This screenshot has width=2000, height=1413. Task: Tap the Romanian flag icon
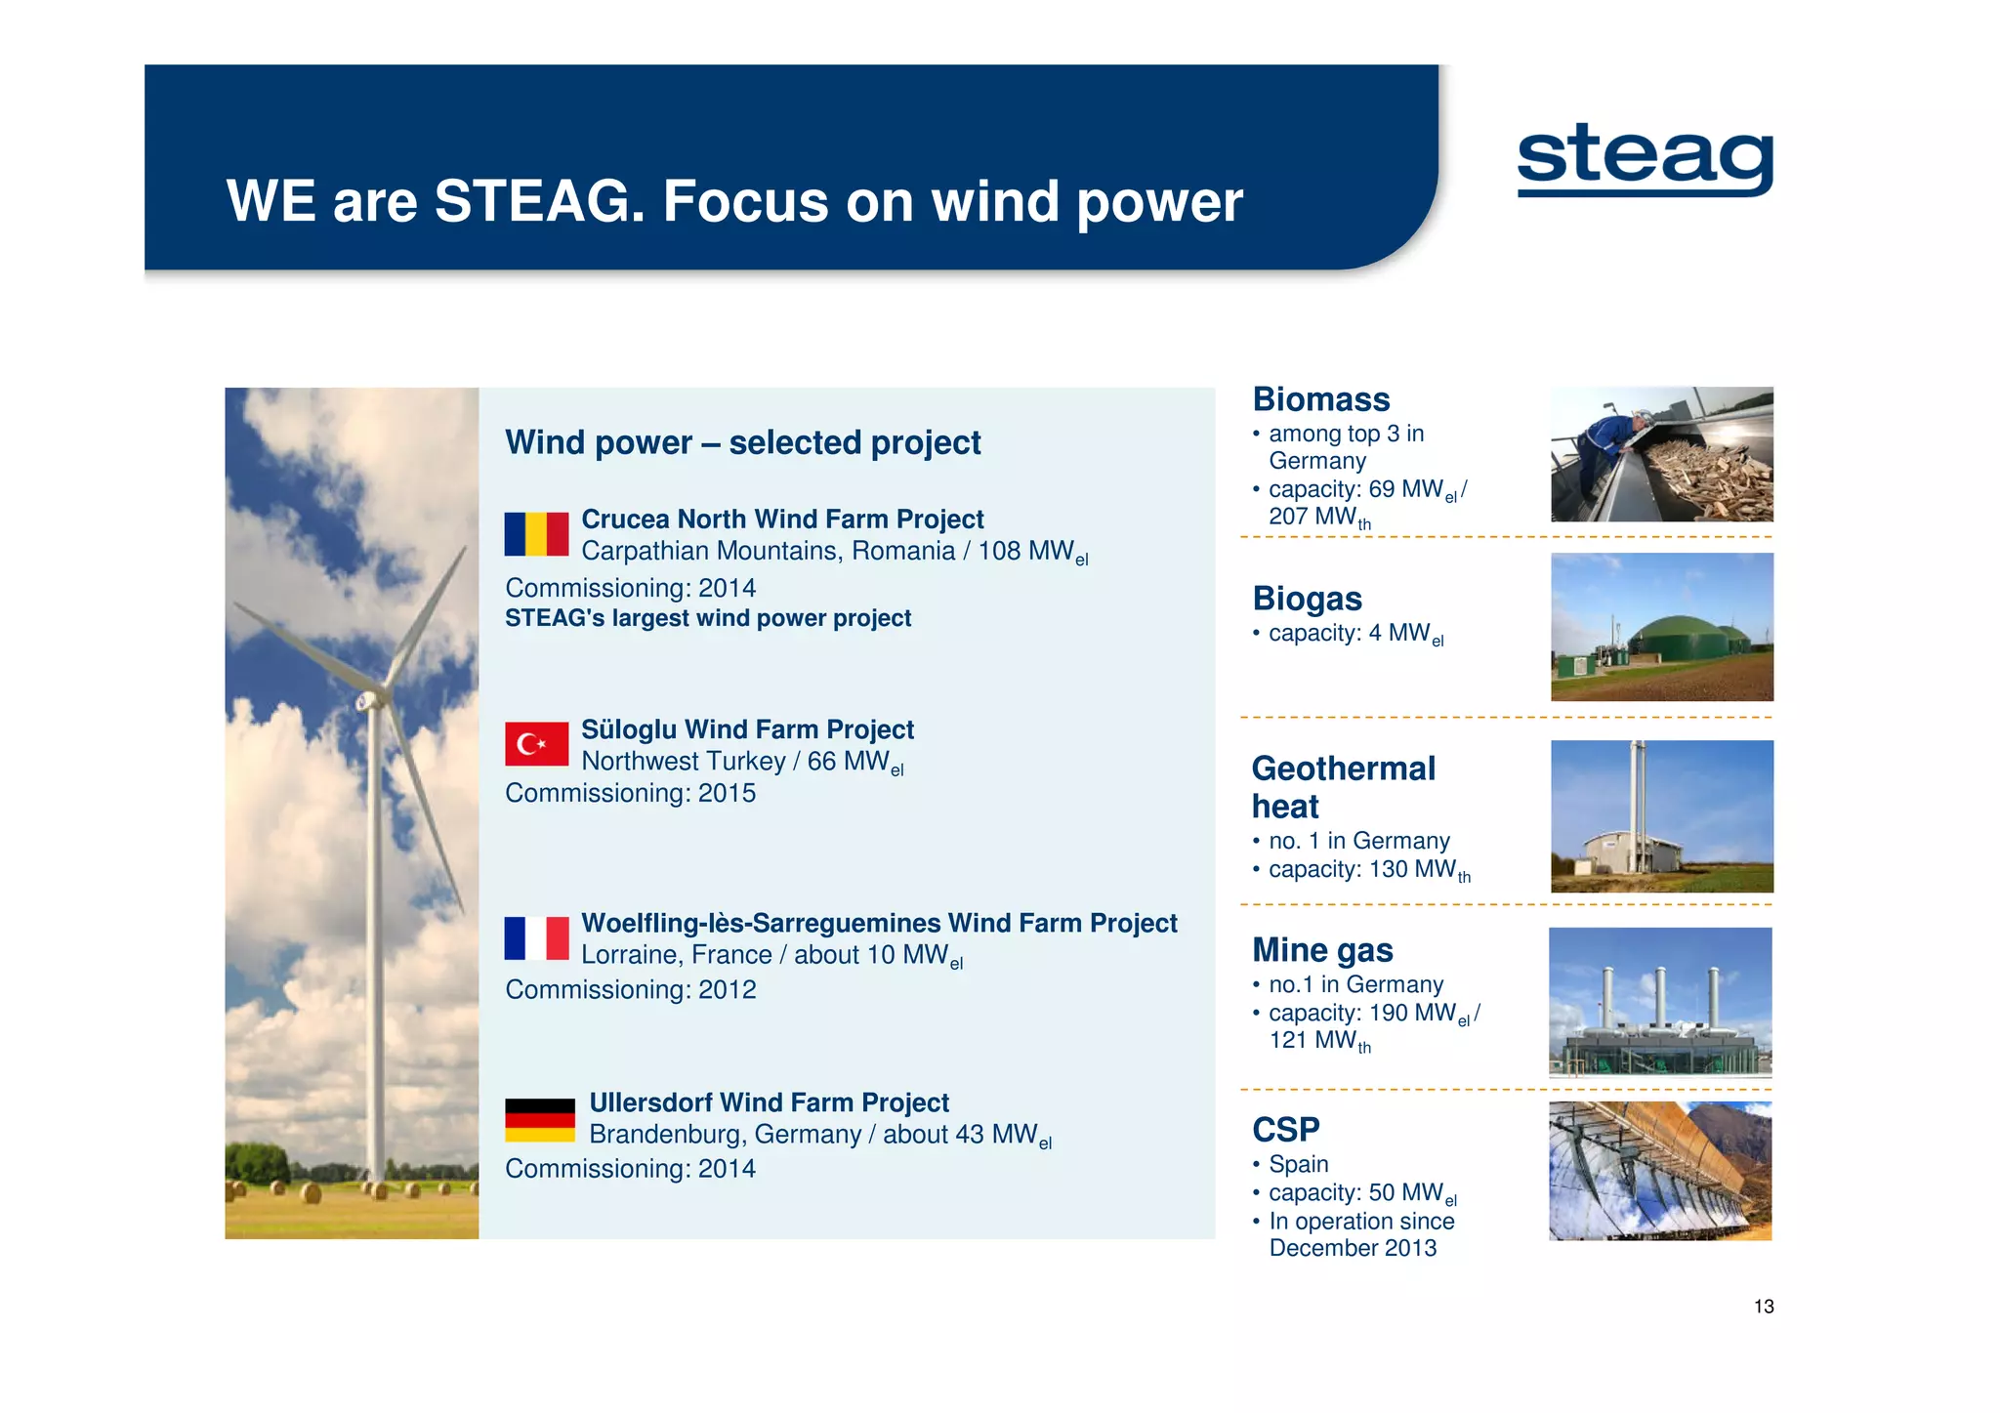pyautogui.click(x=536, y=534)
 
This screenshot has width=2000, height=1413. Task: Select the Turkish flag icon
pyautogui.click(x=536, y=744)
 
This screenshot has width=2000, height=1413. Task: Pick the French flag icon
pyautogui.click(x=536, y=938)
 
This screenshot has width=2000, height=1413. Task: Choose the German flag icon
pyautogui.click(x=539, y=1120)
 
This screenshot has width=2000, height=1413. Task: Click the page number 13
pyautogui.click(x=1763, y=1307)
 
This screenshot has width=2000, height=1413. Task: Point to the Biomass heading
pyautogui.click(x=1320, y=399)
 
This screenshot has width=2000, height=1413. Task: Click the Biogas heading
pyautogui.click(x=1307, y=599)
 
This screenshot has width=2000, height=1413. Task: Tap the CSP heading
pyautogui.click(x=1285, y=1130)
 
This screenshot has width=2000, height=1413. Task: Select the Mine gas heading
pyautogui.click(x=1322, y=950)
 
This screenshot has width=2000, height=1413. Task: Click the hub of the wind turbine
pyautogui.click(x=369, y=699)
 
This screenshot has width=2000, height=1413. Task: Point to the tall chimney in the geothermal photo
pyautogui.click(x=1638, y=801)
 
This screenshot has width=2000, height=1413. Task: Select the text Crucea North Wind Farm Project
pyautogui.click(x=782, y=519)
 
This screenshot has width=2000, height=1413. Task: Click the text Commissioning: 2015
pyautogui.click(x=630, y=793)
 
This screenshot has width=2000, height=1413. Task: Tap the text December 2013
pyautogui.click(x=1353, y=1248)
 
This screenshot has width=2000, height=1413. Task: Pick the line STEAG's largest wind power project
pyautogui.click(x=707, y=618)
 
